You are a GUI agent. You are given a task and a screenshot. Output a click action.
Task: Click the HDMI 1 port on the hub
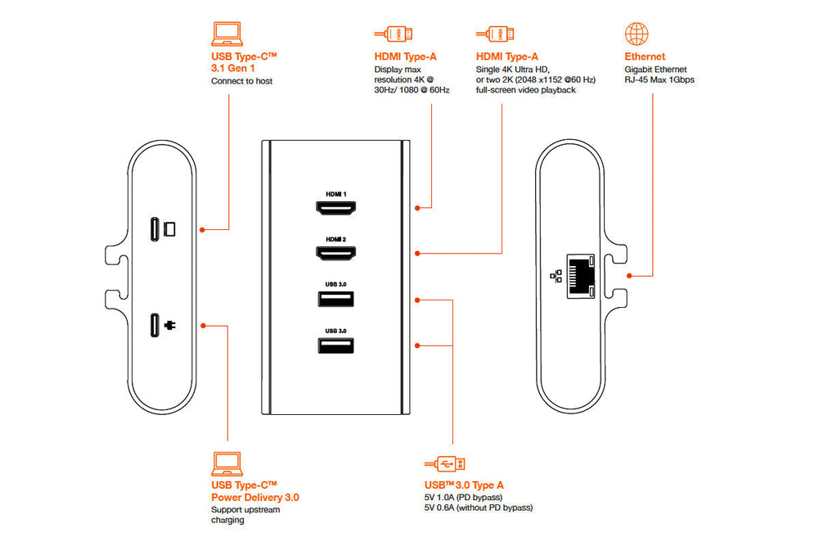point(335,209)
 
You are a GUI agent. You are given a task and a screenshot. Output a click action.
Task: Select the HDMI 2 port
point(335,254)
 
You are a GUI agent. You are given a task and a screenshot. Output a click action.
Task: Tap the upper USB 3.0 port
point(335,298)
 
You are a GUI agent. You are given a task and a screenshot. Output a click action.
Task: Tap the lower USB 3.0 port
point(335,345)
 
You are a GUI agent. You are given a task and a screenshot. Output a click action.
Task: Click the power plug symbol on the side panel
point(170,325)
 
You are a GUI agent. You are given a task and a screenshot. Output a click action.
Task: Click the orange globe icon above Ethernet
point(637,34)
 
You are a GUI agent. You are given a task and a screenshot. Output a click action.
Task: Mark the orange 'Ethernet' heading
point(645,56)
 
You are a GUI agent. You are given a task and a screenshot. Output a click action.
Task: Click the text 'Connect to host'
point(241,81)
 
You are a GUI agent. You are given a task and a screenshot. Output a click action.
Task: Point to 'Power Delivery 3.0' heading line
point(254,496)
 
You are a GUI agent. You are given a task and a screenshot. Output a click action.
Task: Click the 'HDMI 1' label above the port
point(335,194)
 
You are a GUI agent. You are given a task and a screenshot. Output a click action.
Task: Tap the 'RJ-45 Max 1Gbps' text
point(659,80)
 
